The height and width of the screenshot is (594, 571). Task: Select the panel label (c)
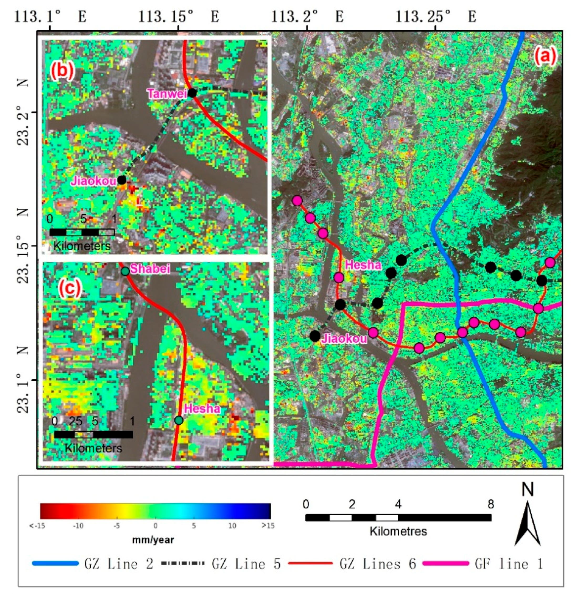point(70,288)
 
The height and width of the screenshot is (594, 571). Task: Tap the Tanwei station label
point(167,94)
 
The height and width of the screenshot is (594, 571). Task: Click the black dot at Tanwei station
point(192,93)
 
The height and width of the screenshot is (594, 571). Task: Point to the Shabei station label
point(150,268)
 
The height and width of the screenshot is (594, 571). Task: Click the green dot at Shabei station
point(125,271)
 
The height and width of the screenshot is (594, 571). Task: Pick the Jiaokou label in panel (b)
point(94,181)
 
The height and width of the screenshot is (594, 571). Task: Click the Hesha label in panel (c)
point(202,409)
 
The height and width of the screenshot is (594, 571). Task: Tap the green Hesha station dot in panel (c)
point(179,420)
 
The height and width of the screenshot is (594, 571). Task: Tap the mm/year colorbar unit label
point(153,540)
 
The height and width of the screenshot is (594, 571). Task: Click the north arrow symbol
point(528,521)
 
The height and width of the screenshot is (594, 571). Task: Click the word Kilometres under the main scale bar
point(398,531)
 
